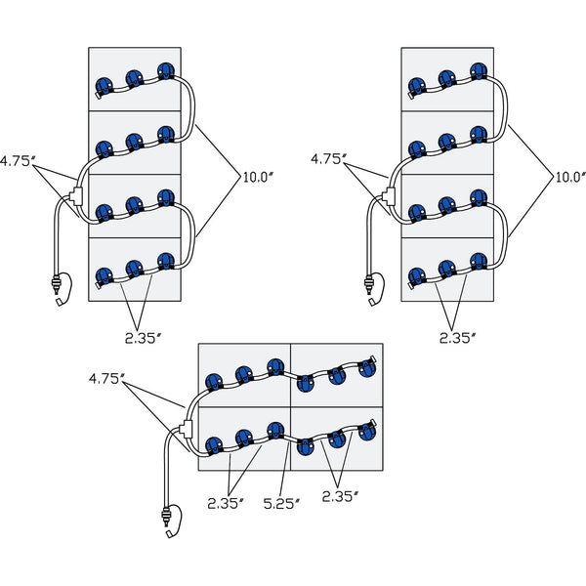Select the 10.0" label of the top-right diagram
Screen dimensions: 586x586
point(569,177)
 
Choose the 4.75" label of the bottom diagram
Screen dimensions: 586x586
point(106,377)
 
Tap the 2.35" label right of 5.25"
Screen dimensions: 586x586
point(341,497)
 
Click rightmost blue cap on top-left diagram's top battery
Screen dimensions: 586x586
point(165,71)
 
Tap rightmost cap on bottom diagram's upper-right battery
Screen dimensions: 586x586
point(367,367)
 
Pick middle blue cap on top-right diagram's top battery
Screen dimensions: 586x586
point(447,77)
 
